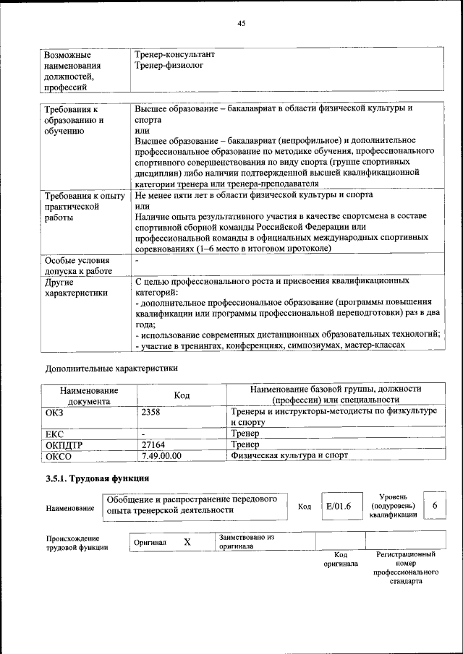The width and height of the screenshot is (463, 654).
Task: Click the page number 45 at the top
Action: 242,24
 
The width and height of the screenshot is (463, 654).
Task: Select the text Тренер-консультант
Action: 175,54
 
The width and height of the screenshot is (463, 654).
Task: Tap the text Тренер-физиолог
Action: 169,65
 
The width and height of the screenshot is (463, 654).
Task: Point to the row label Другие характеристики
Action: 76,287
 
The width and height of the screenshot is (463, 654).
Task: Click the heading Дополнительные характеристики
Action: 111,368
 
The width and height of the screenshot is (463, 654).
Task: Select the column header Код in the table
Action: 182,395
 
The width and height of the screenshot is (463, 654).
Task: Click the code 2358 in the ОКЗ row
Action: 151,411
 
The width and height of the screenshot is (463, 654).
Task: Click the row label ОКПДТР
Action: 65,445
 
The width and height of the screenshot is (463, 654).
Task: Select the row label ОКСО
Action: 59,456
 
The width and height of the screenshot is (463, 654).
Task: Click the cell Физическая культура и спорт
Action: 289,456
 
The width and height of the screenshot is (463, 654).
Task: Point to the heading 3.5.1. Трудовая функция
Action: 97,478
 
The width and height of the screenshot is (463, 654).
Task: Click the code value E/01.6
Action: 338,506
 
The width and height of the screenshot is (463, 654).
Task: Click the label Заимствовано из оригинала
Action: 247,542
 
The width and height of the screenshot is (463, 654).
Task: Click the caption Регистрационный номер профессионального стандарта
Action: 405,567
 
